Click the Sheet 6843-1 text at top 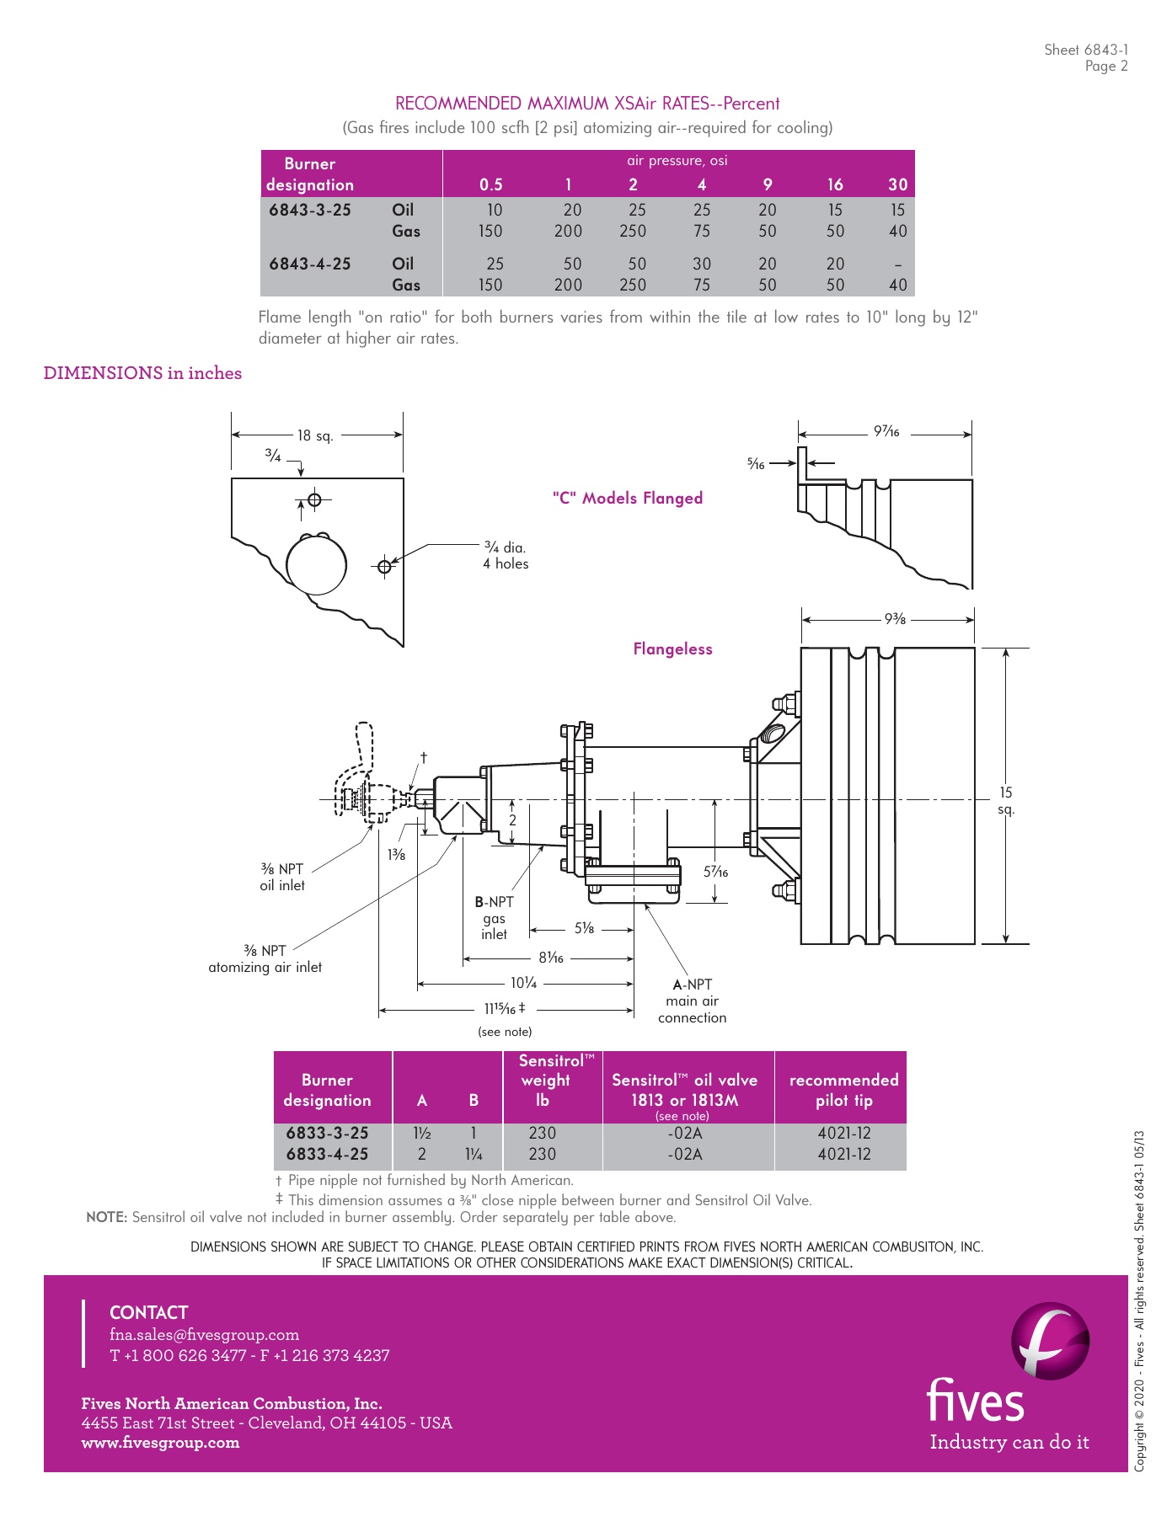pos(1085,50)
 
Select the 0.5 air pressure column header pos(490,184)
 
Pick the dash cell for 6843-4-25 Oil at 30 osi pos(897,264)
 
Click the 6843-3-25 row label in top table pos(310,210)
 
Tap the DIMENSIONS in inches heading pos(142,373)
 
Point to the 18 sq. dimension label pos(315,435)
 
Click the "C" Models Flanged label pos(628,498)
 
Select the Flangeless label pos(672,649)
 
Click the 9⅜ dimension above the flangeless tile pos(895,619)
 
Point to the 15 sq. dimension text pos(1006,800)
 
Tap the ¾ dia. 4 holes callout pos(506,556)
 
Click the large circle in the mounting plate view pos(316,565)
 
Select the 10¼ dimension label pos(523,983)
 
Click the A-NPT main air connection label pos(692,1001)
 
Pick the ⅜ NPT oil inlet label pos(281,877)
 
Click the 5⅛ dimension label pos(584,928)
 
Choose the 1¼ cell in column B pos(474,1155)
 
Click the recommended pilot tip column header pos(843,1090)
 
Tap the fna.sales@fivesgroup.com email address pos(204,1335)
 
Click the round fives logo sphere pos(1050,1341)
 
